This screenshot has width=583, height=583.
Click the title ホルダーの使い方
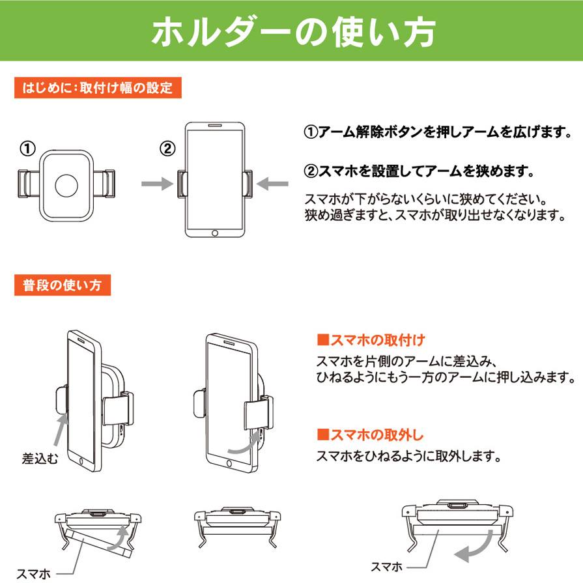pyautogui.click(x=293, y=32)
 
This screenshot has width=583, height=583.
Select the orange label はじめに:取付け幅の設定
pyautogui.click(x=98, y=88)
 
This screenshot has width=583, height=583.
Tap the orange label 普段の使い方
pyautogui.click(x=63, y=285)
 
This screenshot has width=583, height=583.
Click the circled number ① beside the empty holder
pyautogui.click(x=27, y=149)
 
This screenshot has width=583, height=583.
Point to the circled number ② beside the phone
pyautogui.click(x=167, y=149)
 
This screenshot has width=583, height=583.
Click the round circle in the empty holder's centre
pyautogui.click(x=66, y=186)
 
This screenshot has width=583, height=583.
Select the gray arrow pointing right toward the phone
pyautogui.click(x=157, y=184)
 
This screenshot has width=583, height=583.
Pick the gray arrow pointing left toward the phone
pyautogui.click(x=272, y=184)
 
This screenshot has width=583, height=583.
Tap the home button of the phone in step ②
pyautogui.click(x=215, y=233)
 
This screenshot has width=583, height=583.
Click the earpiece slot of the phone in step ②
pyautogui.click(x=215, y=126)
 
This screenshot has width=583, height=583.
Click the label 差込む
pyautogui.click(x=40, y=459)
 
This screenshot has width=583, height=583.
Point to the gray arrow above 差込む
pyautogui.click(x=61, y=430)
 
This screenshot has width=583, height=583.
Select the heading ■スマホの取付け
pyautogui.click(x=371, y=340)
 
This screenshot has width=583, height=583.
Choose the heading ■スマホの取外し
pyautogui.click(x=371, y=434)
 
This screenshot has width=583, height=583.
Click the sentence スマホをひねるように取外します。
pyautogui.click(x=408, y=456)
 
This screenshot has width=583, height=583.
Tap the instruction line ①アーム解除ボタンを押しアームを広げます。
pyautogui.click(x=438, y=132)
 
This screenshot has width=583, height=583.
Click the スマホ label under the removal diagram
pyautogui.click(x=387, y=567)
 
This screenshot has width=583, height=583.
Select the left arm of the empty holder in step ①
pyautogui.click(x=29, y=184)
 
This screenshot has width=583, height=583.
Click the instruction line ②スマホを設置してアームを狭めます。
pyautogui.click(x=419, y=171)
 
